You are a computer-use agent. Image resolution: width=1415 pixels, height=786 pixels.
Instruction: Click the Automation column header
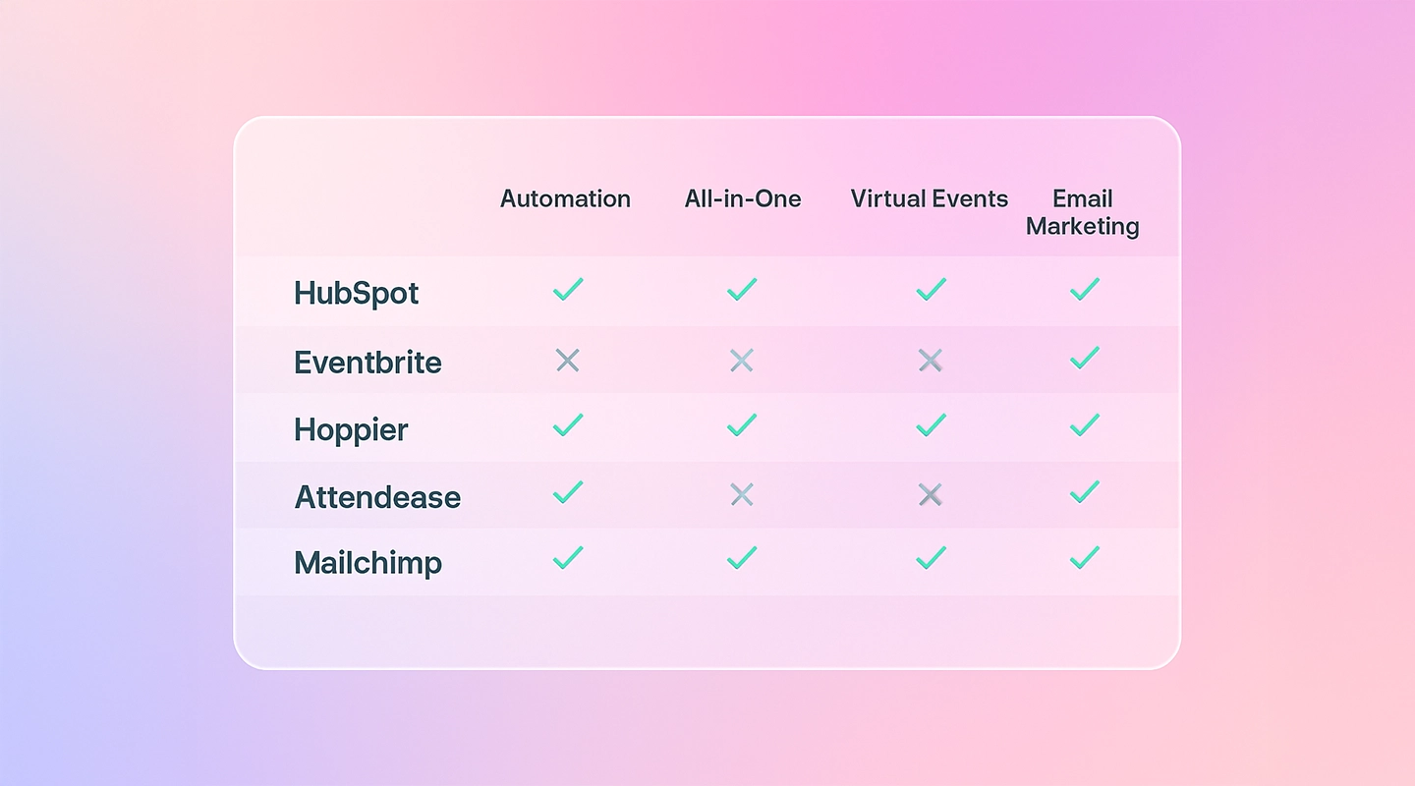click(x=565, y=198)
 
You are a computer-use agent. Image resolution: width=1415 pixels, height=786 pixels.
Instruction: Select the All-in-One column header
click(x=743, y=198)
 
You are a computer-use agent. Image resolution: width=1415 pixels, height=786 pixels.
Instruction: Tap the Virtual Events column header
click(x=930, y=198)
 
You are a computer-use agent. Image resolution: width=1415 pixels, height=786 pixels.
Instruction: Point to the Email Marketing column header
click(x=1083, y=212)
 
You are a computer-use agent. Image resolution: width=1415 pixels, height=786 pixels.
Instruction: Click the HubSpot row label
click(x=357, y=293)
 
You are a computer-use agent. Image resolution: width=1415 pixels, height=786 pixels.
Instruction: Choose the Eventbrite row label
click(x=368, y=362)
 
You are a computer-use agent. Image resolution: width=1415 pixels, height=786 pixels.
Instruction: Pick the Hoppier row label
click(x=351, y=429)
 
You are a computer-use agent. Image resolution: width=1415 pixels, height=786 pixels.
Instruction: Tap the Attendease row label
click(x=377, y=496)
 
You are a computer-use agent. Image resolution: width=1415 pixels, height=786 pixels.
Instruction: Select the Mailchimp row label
click(x=368, y=563)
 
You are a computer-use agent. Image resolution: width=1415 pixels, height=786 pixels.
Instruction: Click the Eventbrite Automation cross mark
click(x=567, y=361)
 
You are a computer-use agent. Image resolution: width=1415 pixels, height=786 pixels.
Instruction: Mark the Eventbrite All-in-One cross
click(x=742, y=361)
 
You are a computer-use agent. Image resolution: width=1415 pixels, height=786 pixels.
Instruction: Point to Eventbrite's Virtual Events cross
click(x=930, y=361)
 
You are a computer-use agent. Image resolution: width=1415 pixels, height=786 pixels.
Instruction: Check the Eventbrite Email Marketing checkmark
click(x=1084, y=358)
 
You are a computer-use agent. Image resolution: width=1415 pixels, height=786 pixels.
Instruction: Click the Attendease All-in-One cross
click(x=742, y=495)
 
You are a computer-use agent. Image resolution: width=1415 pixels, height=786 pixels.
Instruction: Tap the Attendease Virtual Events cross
click(x=930, y=495)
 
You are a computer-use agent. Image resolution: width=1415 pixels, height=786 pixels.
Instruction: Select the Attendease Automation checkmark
click(x=567, y=492)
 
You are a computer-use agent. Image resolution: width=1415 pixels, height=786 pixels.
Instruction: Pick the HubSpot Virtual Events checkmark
click(x=931, y=289)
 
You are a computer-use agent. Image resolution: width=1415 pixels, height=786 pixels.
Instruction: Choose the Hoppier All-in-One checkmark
click(x=742, y=424)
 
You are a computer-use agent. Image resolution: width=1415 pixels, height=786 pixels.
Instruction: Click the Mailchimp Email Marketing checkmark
click(x=1084, y=558)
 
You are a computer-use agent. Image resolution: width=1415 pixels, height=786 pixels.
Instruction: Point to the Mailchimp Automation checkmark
click(x=567, y=558)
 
